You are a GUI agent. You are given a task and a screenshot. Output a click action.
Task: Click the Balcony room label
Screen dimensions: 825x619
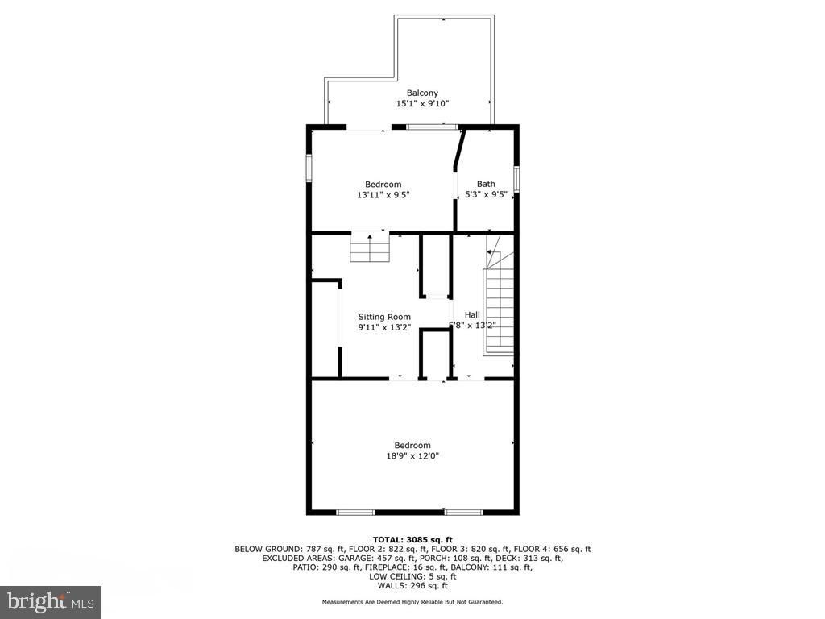pyautogui.click(x=422, y=93)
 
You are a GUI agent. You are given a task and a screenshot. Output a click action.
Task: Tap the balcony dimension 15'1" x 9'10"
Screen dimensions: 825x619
pyautogui.click(x=422, y=104)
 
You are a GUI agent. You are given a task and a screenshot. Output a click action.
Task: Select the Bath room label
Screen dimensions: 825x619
pyautogui.click(x=486, y=184)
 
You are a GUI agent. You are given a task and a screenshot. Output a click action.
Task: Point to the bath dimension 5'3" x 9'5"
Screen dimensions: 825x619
pyautogui.click(x=486, y=194)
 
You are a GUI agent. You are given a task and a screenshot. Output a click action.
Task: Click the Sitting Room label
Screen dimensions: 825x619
pyautogui.click(x=384, y=317)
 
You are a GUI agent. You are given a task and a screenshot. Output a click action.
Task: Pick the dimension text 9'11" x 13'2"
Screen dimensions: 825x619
pyautogui.click(x=384, y=327)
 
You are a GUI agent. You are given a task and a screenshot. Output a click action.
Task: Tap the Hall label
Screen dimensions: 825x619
pyautogui.click(x=472, y=315)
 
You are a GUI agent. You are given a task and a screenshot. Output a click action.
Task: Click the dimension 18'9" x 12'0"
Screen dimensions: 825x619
pyautogui.click(x=412, y=456)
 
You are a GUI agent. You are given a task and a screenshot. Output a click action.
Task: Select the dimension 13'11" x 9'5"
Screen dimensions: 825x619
pyautogui.click(x=383, y=195)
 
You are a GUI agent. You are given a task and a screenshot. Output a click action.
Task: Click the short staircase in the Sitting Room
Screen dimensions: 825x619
pyautogui.click(x=370, y=247)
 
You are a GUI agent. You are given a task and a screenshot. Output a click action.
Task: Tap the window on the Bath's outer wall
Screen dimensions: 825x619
pyautogui.click(x=516, y=179)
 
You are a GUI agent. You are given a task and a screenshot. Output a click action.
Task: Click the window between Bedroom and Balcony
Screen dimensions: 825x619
pyautogui.click(x=433, y=127)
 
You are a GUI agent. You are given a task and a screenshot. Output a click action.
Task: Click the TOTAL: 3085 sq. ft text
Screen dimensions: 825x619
pyautogui.click(x=412, y=539)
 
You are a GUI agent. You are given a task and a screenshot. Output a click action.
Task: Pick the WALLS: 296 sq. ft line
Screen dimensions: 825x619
pyautogui.click(x=412, y=585)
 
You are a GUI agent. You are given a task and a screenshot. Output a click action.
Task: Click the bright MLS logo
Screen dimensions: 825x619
pyautogui.click(x=51, y=600)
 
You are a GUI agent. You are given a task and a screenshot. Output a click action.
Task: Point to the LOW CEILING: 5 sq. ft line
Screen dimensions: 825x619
pyautogui.click(x=412, y=576)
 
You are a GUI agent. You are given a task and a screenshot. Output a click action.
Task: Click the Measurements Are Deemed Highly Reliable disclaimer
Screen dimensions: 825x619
pyautogui.click(x=412, y=601)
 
